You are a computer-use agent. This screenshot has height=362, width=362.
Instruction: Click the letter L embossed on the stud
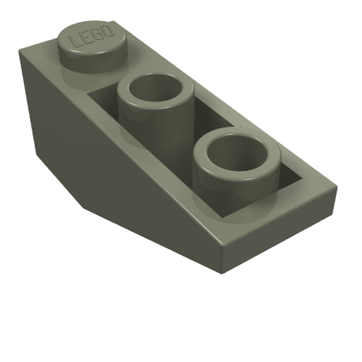tap(76, 41)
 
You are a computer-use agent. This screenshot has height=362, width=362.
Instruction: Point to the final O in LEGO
tap(107, 30)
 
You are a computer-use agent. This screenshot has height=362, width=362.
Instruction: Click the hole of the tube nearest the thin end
tap(236, 153)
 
